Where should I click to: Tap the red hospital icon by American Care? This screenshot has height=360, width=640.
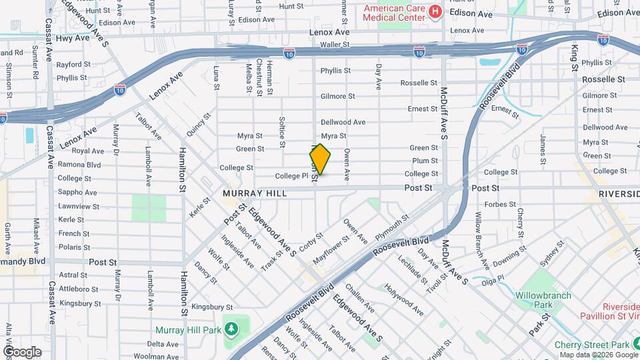(435, 11)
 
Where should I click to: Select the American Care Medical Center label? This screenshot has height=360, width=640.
(393, 12)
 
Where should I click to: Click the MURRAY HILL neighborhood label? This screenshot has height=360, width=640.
(255, 193)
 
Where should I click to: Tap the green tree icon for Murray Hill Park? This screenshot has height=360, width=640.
(231, 329)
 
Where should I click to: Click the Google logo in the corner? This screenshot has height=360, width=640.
(21, 351)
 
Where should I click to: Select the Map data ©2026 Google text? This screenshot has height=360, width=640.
(599, 355)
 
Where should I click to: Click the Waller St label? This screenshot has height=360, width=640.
(335, 45)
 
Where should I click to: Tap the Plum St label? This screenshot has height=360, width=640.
(425, 161)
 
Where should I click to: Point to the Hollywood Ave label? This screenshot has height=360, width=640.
(403, 300)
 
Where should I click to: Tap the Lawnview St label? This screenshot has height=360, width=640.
(79, 207)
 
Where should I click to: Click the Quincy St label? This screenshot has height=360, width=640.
(198, 124)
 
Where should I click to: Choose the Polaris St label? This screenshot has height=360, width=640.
(73, 247)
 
